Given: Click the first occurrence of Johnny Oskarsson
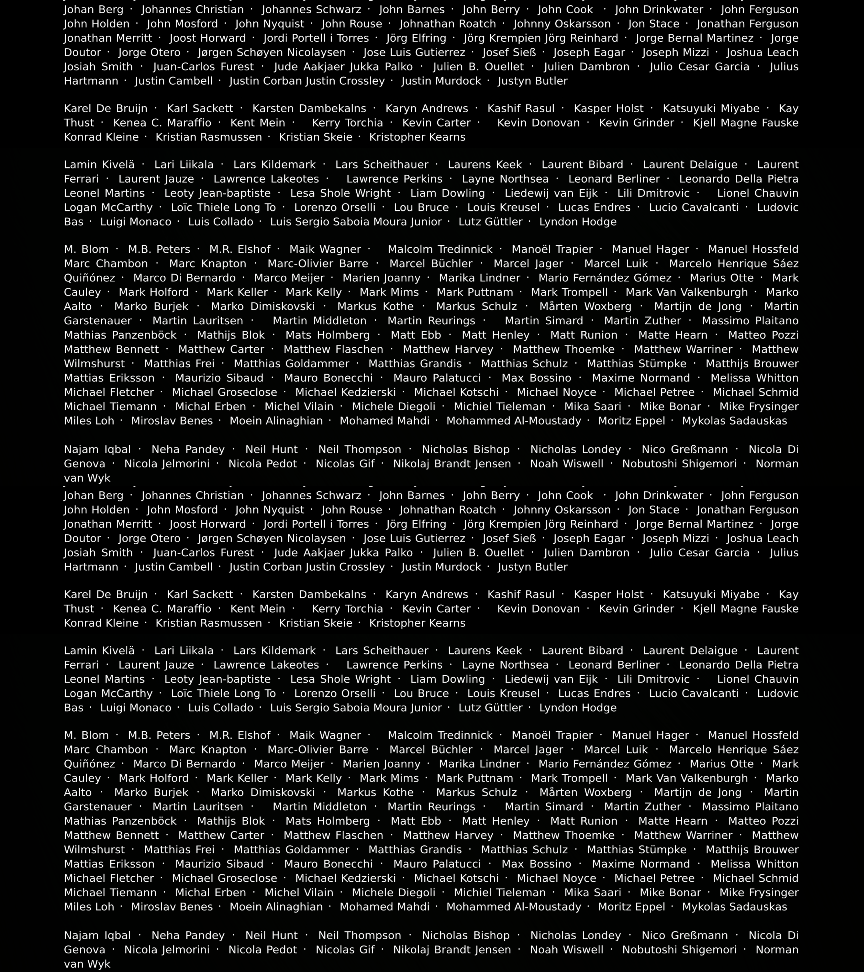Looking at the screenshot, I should point(562,24).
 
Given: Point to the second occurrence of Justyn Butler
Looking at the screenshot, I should point(533,567).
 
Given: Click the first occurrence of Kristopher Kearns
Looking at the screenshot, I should point(417,137).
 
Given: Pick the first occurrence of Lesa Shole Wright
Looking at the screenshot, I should point(340,193).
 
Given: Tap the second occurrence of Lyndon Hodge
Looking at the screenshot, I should point(578,708).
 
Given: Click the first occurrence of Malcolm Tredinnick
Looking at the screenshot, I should point(440,249).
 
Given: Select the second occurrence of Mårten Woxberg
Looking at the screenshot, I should point(585,792).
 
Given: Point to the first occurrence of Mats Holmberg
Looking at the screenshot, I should point(328,335).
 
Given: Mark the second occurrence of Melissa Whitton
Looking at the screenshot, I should point(755,864).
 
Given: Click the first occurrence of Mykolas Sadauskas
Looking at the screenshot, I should point(735,421).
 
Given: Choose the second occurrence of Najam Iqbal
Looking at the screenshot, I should point(97,935).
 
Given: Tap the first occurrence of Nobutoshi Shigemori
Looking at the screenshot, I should point(680,464).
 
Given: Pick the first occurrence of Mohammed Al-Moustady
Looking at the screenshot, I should point(514,421).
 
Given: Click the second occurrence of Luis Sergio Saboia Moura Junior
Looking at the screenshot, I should point(356,708).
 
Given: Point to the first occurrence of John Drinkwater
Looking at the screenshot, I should point(659,10).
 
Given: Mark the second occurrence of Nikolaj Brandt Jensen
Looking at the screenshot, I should point(452,950).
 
